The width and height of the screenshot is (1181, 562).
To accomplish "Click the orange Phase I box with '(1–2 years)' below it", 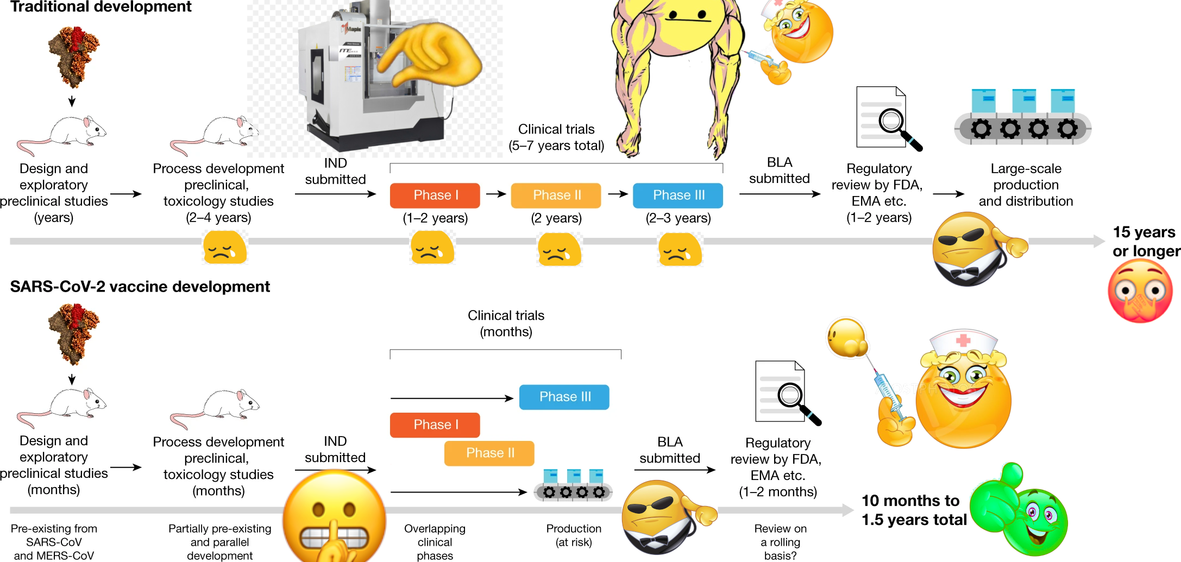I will (x=435, y=195).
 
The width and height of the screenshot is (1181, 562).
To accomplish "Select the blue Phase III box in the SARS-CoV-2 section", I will (x=564, y=397).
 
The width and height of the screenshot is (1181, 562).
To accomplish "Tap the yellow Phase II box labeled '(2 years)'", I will (x=556, y=195).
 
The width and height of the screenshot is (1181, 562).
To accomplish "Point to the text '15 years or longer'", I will (x=1145, y=242).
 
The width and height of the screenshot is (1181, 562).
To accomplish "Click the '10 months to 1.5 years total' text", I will (x=914, y=510).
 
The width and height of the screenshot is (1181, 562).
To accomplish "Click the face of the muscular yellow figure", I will (x=687, y=19).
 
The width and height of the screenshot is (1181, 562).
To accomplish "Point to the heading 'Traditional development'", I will (x=101, y=7).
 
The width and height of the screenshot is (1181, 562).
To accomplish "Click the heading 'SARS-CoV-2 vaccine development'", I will (x=140, y=287).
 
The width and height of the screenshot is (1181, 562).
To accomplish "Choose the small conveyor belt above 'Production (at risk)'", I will (x=574, y=485).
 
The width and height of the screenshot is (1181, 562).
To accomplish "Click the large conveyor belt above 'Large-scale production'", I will (x=1023, y=118).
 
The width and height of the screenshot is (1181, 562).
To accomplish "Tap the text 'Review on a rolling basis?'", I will (x=780, y=542).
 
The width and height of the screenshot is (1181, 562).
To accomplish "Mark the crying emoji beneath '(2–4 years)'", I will (x=224, y=248).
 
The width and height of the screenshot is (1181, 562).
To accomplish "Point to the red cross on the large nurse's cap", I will (x=963, y=340).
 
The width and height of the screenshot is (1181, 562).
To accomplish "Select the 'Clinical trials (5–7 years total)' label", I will (x=556, y=137).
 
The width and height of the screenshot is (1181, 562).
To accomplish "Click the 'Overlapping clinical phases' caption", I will (x=435, y=542).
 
